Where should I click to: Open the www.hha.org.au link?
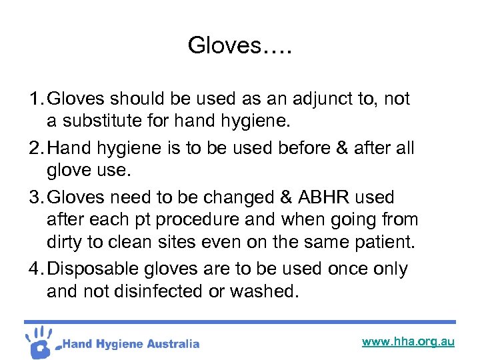tap(408, 341)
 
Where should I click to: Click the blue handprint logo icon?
tap(40, 341)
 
